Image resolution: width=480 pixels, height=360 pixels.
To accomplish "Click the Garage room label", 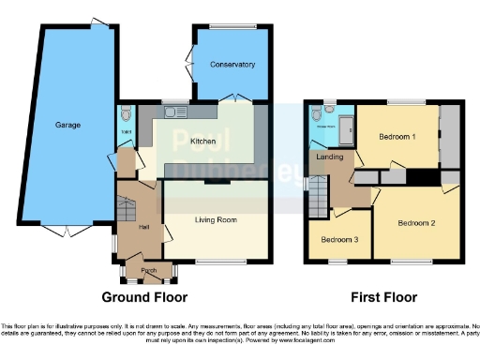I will point(67,125).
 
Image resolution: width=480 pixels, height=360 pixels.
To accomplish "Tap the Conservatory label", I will point(233,65).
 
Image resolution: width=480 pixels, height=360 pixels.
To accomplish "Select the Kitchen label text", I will point(203,142).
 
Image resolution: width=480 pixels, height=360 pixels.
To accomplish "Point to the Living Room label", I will point(216,220).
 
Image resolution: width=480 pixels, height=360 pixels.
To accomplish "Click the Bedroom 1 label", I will point(398,137).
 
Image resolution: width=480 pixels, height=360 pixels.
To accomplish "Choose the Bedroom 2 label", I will point(416,223).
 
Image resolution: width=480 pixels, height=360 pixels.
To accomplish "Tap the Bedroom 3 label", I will point(338,239).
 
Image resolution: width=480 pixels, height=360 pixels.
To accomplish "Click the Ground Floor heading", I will point(145,297).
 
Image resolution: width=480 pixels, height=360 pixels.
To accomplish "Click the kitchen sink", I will point(173,112).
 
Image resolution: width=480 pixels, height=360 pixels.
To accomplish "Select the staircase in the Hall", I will point(127,203).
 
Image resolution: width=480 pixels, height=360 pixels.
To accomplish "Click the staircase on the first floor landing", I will point(321,195).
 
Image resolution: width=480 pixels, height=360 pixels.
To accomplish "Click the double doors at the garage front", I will point(67,231).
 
